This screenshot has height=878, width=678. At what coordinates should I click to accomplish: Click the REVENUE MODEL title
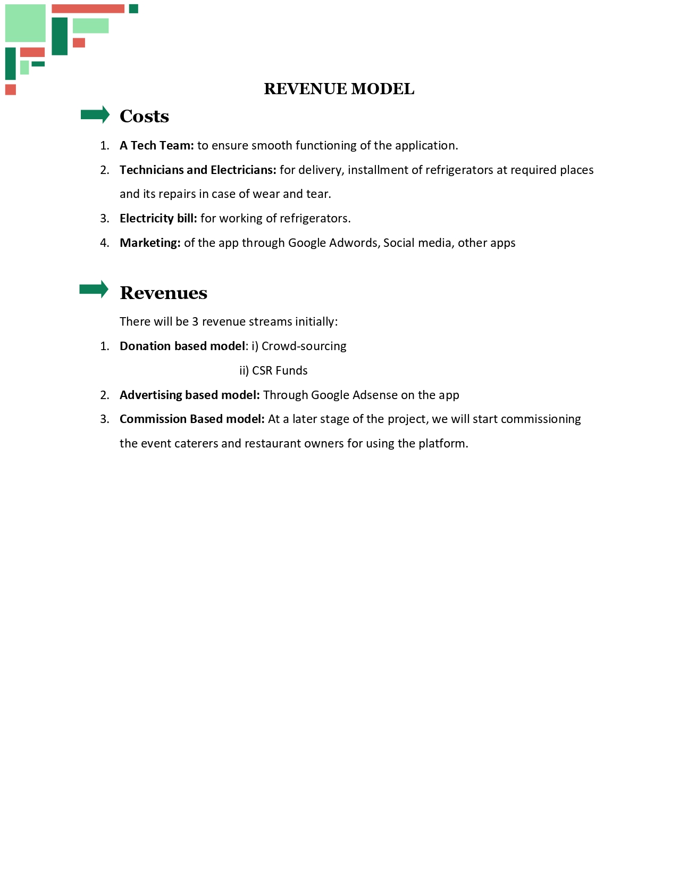[x=339, y=89]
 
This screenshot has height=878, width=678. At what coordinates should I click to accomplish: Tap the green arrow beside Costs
[x=95, y=114]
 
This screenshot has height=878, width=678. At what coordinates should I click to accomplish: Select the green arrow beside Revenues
[x=94, y=289]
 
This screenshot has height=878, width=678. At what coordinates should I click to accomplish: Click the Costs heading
[x=144, y=116]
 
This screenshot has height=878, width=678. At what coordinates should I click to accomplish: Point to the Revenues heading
[x=163, y=293]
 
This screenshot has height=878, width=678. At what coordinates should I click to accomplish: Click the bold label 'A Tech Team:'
[x=157, y=145]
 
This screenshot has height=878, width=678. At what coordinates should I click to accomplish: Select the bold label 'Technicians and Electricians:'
[x=198, y=170]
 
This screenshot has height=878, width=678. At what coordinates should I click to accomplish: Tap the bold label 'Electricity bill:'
[x=158, y=218]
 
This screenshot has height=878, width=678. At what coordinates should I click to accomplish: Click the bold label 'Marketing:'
[x=150, y=243]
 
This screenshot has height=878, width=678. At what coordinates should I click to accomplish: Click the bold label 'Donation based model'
[x=182, y=346]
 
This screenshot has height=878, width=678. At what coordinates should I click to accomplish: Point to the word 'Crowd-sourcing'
[x=304, y=346]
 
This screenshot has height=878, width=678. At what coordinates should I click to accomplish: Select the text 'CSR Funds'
[x=280, y=370]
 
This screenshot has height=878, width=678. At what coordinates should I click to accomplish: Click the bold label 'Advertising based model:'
[x=190, y=395]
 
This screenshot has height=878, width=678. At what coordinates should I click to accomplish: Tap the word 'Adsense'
[x=375, y=395]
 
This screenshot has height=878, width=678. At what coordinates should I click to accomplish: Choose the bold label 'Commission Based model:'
[x=192, y=419]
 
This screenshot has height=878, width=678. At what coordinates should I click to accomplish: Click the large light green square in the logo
[x=26, y=23]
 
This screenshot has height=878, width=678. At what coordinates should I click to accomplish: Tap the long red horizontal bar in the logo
[x=88, y=9]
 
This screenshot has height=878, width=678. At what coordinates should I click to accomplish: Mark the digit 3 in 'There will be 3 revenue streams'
[x=195, y=321]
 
